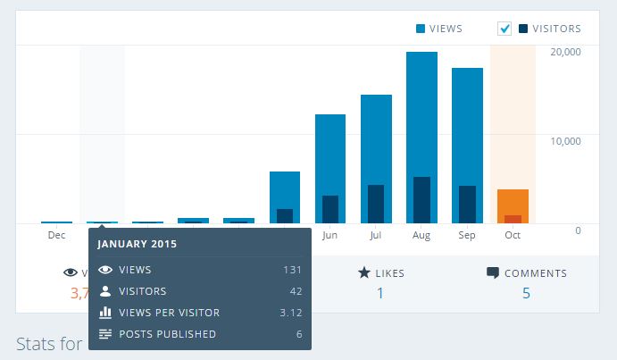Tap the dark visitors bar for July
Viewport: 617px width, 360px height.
pos(376,204)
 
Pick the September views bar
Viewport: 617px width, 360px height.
pos(467,125)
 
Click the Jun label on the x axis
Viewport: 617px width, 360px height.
pos(330,236)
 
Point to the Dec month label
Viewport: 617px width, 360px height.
pos(56,236)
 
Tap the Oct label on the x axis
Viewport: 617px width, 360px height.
pos(513,236)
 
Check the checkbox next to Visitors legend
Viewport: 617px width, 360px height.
pos(504,29)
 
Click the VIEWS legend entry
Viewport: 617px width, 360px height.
pos(439,29)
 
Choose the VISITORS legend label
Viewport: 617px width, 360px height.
pos(556,29)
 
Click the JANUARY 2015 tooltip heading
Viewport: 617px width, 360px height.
pos(138,244)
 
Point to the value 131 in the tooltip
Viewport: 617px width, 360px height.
pos(292,270)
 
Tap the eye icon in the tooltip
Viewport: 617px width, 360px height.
pos(105,270)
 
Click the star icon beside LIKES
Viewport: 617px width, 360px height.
pos(364,273)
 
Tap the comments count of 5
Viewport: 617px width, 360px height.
pos(526,293)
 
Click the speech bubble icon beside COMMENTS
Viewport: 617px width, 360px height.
pos(492,273)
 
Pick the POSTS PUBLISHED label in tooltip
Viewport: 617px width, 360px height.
pos(167,334)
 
